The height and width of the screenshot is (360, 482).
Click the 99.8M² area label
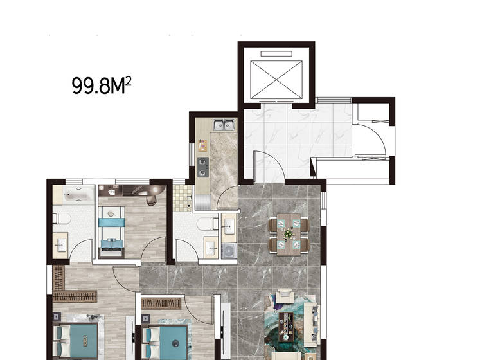pos(102,85)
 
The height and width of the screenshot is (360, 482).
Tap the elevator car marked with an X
pos(276,80)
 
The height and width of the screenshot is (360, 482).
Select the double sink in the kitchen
pos(224,125)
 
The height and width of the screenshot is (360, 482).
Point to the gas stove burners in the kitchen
pos(202,167)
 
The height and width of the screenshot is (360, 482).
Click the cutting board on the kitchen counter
pos(202,145)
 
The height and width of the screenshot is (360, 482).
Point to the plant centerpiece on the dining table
pos(288,234)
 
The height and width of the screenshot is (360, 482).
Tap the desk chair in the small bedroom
pos(151,200)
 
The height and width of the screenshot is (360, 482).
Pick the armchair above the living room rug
pos(283,296)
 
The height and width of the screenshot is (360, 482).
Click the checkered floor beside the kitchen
pos(183,197)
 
